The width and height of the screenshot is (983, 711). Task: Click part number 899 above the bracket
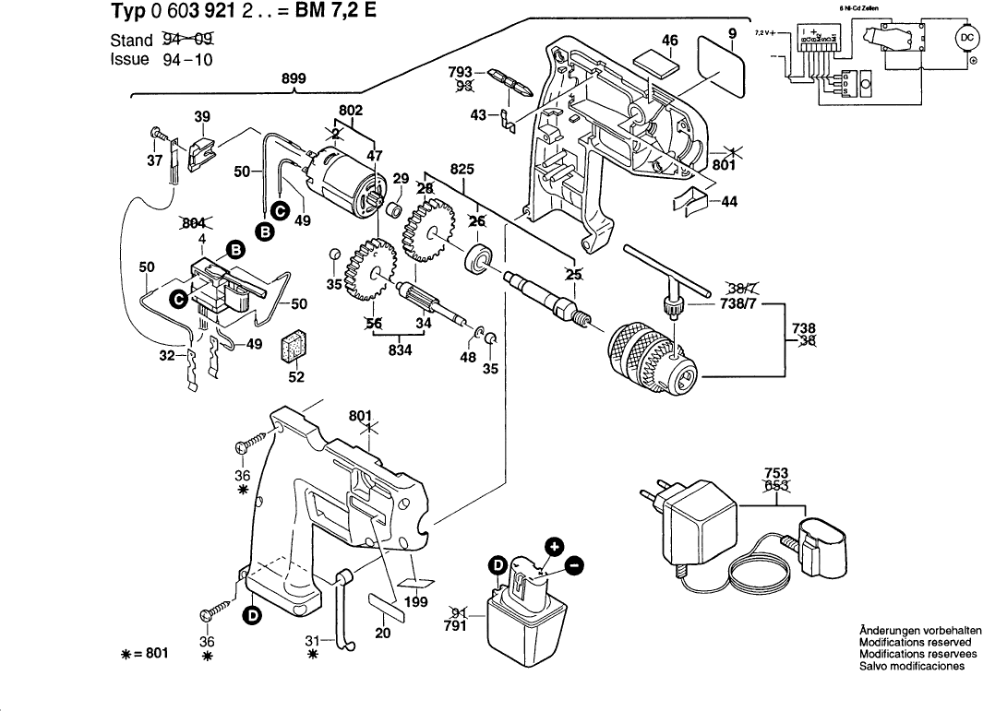294,79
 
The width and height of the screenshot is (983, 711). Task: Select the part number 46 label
670,41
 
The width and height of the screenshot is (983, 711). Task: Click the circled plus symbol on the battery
553,546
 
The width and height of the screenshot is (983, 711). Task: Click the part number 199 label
416,603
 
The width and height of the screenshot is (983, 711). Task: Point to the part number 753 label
776,473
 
